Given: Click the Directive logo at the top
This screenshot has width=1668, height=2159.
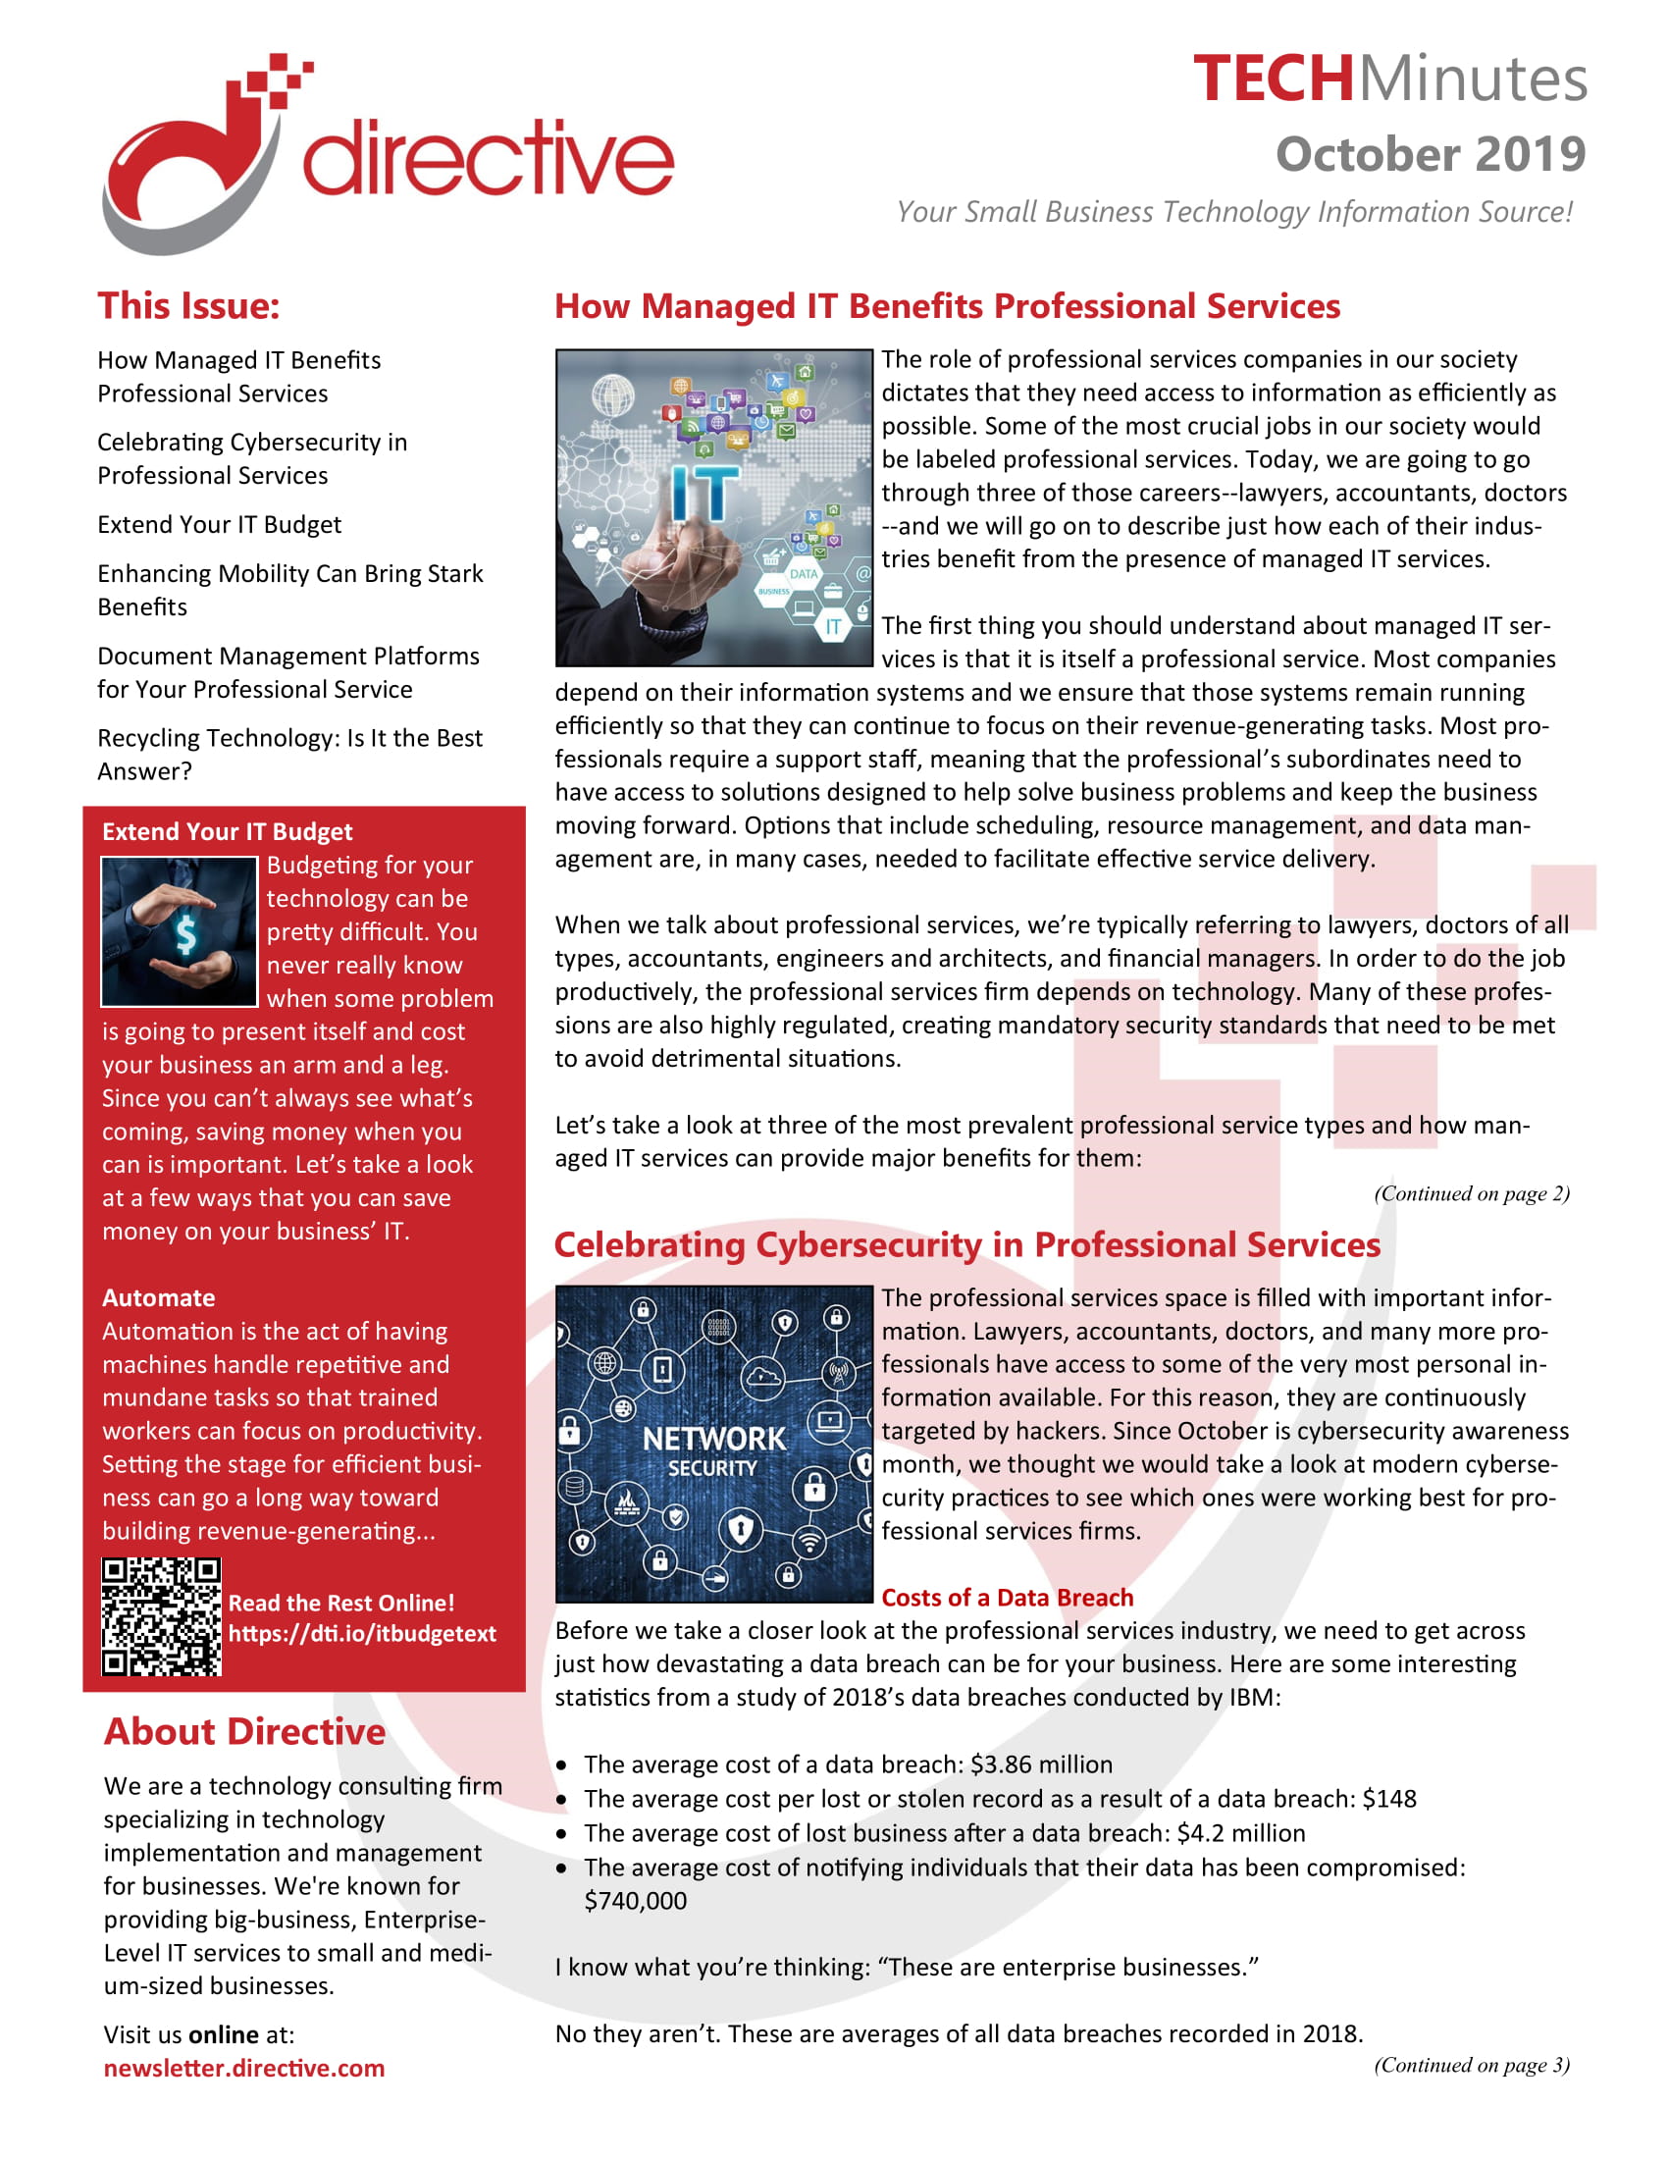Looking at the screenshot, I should pyautogui.click(x=388, y=155).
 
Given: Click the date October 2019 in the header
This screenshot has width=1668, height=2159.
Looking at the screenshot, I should pyautogui.click(x=1430, y=155).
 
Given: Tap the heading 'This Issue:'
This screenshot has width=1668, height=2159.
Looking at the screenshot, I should pyautogui.click(x=188, y=306).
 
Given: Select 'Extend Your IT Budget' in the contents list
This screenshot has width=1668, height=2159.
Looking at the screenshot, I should pyautogui.click(x=220, y=525).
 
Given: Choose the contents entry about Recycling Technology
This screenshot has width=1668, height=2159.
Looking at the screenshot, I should pyautogui.click(x=289, y=755).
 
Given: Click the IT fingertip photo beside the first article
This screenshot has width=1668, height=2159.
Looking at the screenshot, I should pyautogui.click(x=713, y=507).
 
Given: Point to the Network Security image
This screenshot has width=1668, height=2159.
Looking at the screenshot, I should pyautogui.click(x=713, y=1445).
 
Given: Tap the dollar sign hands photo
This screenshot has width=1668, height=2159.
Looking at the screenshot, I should pyautogui.click(x=179, y=931).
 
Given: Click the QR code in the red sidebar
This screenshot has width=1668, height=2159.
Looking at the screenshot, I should pyautogui.click(x=161, y=1617).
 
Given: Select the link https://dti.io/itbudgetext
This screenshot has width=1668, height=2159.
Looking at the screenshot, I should pyautogui.click(x=362, y=1634).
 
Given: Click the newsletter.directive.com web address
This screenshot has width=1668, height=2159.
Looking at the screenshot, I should pyautogui.click(x=244, y=2068).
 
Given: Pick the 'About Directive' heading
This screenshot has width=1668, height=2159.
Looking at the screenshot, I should pyautogui.click(x=244, y=1732).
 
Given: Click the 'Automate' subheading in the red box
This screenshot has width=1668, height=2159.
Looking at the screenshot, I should pyautogui.click(x=158, y=1298).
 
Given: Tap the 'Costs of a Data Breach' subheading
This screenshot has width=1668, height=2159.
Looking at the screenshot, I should pyautogui.click(x=1007, y=1598).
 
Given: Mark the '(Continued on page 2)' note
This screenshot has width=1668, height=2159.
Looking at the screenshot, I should pyautogui.click(x=1472, y=1193).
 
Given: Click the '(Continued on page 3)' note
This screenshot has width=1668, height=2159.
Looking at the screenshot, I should pyautogui.click(x=1472, y=2064).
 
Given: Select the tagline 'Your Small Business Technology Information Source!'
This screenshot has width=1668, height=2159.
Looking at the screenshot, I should pyautogui.click(x=1234, y=212).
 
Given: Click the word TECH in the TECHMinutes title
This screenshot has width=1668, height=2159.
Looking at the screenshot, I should pyautogui.click(x=1273, y=79).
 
